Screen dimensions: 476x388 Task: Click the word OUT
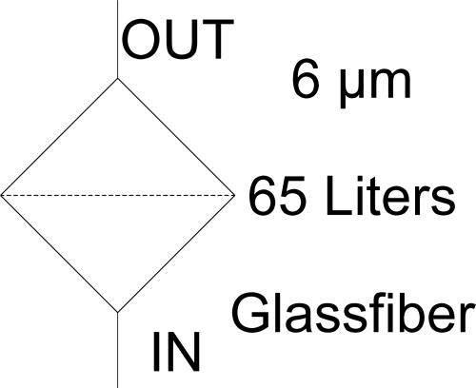tap(177, 40)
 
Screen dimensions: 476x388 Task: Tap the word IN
tap(176, 352)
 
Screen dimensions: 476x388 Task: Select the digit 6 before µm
tap(305, 79)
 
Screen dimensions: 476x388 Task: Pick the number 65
tap(277, 196)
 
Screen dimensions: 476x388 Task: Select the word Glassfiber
tap(352, 313)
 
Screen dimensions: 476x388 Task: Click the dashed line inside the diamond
tap(117, 195)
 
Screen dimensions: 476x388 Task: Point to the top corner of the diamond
tap(118, 78)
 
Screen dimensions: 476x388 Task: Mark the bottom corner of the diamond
tap(118, 313)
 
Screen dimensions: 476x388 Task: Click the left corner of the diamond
tap(1, 195)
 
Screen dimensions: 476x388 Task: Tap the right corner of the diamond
tap(234, 195)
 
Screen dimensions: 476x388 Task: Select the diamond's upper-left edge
tap(59, 137)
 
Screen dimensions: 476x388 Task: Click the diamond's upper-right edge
tap(176, 137)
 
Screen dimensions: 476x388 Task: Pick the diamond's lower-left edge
tap(59, 254)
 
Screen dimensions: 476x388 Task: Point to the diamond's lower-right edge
tap(176, 254)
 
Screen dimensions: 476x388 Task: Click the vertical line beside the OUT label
tap(118, 39)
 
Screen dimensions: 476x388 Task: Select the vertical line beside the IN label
tap(118, 350)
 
